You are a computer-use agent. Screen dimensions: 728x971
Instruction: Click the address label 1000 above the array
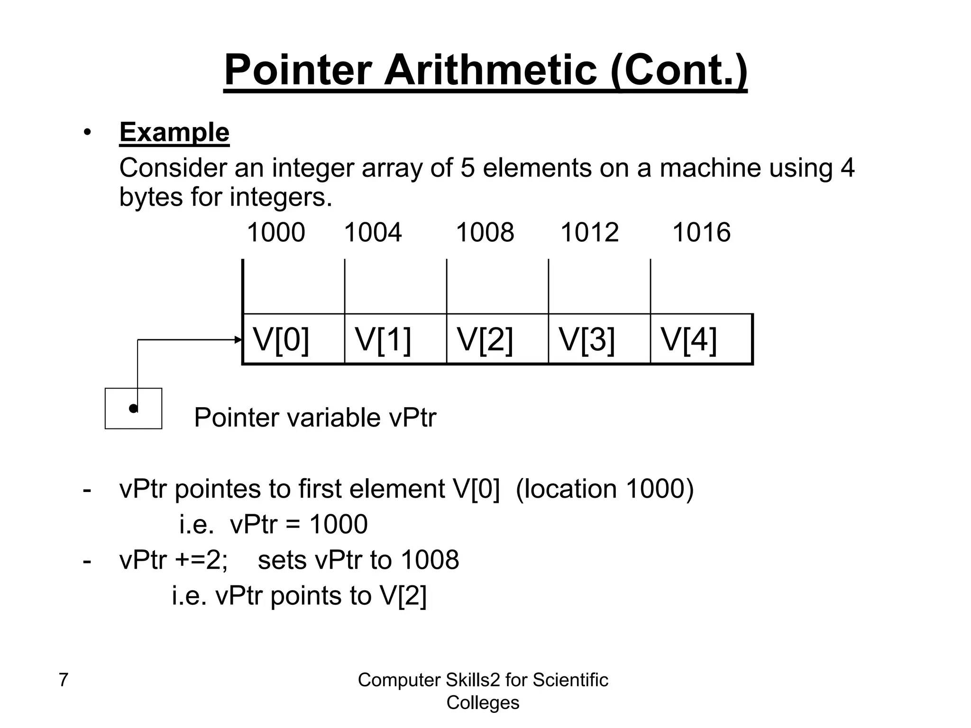point(276,233)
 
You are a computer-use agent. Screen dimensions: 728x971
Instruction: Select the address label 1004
point(373,233)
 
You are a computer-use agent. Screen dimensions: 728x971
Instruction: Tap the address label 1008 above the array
point(485,233)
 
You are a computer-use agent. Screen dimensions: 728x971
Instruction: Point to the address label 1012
point(589,233)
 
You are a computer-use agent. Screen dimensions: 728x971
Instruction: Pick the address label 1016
point(701,233)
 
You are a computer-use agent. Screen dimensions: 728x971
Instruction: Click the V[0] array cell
point(293,339)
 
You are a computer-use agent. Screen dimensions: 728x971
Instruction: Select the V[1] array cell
point(395,339)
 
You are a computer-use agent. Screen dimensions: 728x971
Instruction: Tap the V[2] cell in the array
point(497,339)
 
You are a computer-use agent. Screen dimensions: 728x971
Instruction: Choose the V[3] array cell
point(599,339)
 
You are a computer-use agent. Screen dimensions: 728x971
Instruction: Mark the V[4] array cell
point(701,339)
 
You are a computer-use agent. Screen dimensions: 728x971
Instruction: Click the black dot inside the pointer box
point(134,409)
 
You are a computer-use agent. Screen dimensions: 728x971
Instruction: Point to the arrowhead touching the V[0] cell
point(238,340)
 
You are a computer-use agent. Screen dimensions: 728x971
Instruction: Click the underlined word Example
point(174,132)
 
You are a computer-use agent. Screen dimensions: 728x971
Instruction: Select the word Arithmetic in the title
point(490,70)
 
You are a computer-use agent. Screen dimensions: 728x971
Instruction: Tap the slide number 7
point(63,680)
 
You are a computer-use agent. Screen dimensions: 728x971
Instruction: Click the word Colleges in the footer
point(483,702)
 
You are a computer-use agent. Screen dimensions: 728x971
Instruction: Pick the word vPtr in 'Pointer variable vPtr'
point(412,418)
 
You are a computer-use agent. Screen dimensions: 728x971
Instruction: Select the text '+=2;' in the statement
point(202,560)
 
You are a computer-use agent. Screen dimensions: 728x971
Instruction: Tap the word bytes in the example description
point(150,197)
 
